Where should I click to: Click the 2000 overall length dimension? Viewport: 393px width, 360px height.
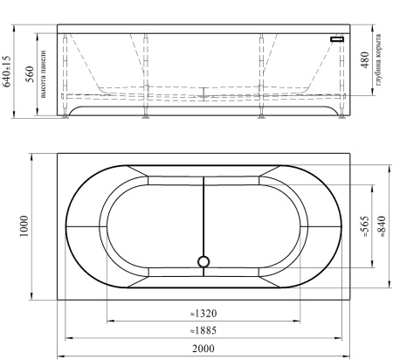pyautogui.click(x=203, y=349)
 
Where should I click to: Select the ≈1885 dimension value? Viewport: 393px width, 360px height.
pyautogui.click(x=203, y=330)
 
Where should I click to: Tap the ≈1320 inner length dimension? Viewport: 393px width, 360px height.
pyautogui.click(x=203, y=314)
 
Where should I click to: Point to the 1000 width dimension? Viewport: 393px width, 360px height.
pyautogui.click(x=24, y=226)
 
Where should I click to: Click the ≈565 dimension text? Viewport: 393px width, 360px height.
pyautogui.click(x=365, y=226)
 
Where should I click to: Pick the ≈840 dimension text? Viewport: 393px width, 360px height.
pyautogui.click(x=382, y=226)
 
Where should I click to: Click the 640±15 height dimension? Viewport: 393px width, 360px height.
pyautogui.click(x=7, y=72)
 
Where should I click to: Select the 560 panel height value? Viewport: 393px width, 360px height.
pyautogui.click(x=31, y=74)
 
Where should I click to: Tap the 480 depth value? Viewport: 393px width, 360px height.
pyautogui.click(x=365, y=60)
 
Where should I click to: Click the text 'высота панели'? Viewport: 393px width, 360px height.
pyautogui.click(x=44, y=74)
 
